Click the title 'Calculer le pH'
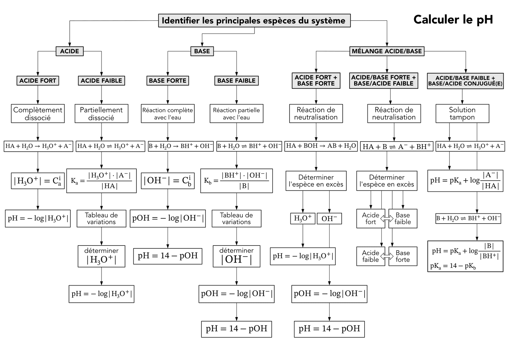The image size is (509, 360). click(453, 19)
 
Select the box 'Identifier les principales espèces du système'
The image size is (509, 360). click(254, 21)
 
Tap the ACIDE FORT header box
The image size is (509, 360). click(38, 81)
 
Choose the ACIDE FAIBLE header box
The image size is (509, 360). click(101, 81)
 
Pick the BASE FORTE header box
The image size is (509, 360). click(168, 81)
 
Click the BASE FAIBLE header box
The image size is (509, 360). click(236, 81)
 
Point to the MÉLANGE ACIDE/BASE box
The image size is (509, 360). click(387, 51)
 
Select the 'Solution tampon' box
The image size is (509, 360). click(462, 114)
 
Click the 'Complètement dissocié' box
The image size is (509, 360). click(38, 114)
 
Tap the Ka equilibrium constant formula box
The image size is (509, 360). click(101, 181)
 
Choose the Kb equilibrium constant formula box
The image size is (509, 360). click(236, 181)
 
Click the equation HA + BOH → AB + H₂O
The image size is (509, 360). click(321, 146)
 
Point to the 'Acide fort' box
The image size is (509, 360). click(371, 218)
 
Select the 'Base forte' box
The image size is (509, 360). click(403, 256)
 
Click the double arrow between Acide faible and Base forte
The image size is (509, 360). click(387, 256)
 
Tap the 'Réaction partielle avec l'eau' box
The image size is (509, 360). click(236, 114)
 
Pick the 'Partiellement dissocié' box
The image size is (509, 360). click(101, 114)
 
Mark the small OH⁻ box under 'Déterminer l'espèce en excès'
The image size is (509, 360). click(329, 218)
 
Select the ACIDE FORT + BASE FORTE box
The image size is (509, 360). click(316, 81)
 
